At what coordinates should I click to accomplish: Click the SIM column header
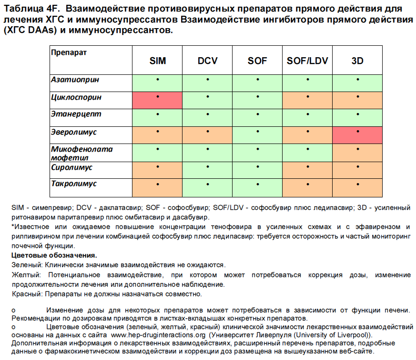pyautogui.click(x=158, y=61)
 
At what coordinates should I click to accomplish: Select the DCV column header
pyautogui.click(x=208, y=61)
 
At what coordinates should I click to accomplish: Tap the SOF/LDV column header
pyautogui.click(x=308, y=61)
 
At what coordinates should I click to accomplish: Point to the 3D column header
pyautogui.click(x=358, y=61)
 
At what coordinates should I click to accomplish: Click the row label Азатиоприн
pyautogui.click(x=75, y=80)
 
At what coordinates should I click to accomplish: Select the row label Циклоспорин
pyautogui.click(x=76, y=97)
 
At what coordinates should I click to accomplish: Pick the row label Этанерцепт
pyautogui.click(x=76, y=114)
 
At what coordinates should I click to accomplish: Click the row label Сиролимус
pyautogui.click(x=72, y=168)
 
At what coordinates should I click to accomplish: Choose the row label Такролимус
pyautogui.click(x=74, y=184)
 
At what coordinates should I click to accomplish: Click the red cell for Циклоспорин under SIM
pyautogui.click(x=158, y=100)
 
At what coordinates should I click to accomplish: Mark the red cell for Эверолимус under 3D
pyautogui.click(x=358, y=134)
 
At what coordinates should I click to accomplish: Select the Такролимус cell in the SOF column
pyautogui.click(x=258, y=188)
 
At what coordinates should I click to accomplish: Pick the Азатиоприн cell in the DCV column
pyautogui.click(x=208, y=83)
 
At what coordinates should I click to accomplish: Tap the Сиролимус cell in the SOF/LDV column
pyautogui.click(x=308, y=171)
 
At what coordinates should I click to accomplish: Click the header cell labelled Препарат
pyautogui.click(x=69, y=52)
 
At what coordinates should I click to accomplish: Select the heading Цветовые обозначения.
pyautogui.click(x=54, y=255)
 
